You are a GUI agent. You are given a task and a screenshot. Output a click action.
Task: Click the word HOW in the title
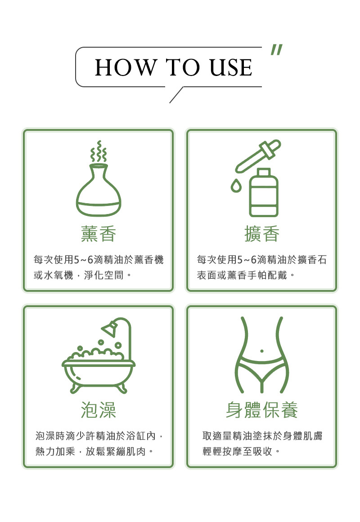tap(126, 67)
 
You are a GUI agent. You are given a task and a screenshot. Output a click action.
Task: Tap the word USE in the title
tap(231, 67)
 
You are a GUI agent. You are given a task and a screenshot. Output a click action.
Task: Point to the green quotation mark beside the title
tap(276, 49)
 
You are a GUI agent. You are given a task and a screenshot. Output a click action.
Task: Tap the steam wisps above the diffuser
tap(99, 151)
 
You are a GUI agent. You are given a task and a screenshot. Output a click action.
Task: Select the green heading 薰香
tap(99, 234)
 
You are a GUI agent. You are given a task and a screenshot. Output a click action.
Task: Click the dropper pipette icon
tap(258, 156)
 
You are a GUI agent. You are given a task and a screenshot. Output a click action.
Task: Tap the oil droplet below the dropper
tap(236, 185)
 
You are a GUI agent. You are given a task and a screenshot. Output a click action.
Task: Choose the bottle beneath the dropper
tap(264, 192)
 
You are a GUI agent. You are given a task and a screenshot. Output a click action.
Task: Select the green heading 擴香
tap(262, 234)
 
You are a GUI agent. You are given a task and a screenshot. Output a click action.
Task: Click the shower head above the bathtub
tap(110, 328)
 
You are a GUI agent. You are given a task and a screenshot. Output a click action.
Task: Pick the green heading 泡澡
tap(99, 410)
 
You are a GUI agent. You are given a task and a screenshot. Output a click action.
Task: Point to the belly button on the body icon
tap(261, 351)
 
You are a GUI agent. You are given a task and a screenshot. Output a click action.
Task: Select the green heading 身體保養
tap(262, 410)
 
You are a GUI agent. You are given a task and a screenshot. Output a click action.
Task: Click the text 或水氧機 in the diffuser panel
tap(54, 275)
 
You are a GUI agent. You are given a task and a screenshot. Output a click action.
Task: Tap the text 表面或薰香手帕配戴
tap(242, 275)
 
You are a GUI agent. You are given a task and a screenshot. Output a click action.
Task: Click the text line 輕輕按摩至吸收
tap(237, 451)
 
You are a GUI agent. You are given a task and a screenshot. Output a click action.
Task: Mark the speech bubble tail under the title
tap(176, 95)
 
